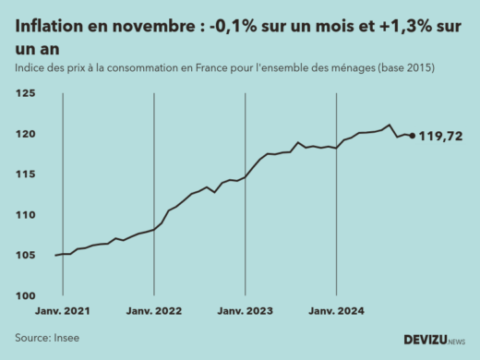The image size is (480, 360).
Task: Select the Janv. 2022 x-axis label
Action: click(x=153, y=312)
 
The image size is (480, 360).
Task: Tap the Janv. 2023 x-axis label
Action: click(x=245, y=312)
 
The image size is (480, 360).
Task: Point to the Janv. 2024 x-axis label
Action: click(x=336, y=312)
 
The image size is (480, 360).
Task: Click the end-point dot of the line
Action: click(x=412, y=136)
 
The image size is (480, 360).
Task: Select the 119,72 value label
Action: click(x=441, y=137)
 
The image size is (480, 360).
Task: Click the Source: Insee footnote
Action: click(x=47, y=338)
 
